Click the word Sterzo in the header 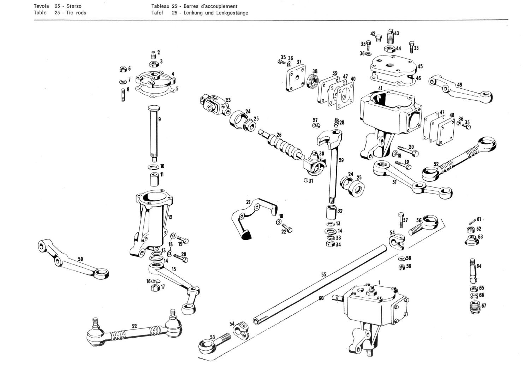click(x=73, y=6)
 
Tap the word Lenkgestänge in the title click(x=233, y=13)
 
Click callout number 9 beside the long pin click(x=160, y=119)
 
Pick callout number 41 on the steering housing click(x=380, y=88)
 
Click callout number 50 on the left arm click(x=81, y=259)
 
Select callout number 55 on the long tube click(x=323, y=274)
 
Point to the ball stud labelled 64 click(x=473, y=270)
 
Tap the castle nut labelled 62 click(x=470, y=230)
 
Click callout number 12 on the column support click(x=170, y=217)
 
